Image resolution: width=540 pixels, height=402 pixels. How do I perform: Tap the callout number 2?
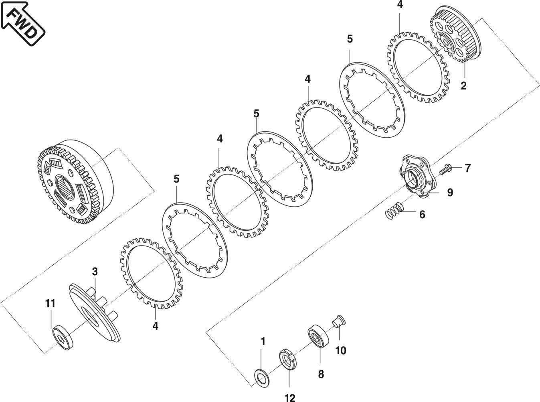tap(463, 85)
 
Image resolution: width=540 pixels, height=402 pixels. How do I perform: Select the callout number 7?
tap(467, 168)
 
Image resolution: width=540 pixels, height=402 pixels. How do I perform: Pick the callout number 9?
tap(450, 193)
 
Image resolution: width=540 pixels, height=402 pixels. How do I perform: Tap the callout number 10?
tap(340, 350)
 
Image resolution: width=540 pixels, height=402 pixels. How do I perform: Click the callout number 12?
tap(289, 397)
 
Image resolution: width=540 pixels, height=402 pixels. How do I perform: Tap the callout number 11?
tap(50, 303)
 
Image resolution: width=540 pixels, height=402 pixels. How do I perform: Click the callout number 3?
tap(95, 272)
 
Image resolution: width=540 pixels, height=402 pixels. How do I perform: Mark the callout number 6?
tap(422, 214)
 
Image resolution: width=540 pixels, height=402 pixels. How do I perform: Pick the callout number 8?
tap(321, 374)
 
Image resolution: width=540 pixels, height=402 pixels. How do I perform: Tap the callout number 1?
tap(263, 341)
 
